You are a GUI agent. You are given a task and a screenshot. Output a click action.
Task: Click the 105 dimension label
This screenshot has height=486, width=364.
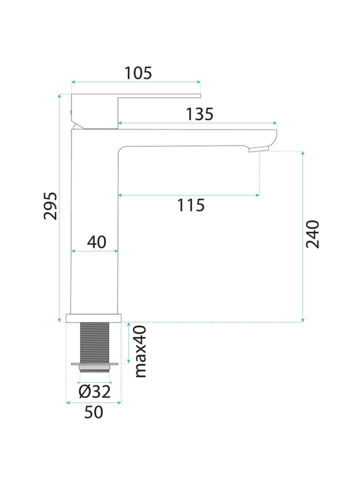[x=138, y=73]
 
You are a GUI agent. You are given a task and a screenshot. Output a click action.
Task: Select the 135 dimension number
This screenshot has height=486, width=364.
[x=200, y=114]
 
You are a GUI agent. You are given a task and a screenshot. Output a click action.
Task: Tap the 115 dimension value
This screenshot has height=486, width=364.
[x=191, y=205]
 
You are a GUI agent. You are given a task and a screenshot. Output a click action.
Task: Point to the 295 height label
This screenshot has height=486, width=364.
[x=50, y=206]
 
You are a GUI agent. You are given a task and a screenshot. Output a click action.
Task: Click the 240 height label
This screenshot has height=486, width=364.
[x=312, y=234]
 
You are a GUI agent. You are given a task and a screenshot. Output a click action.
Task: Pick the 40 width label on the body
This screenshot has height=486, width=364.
[x=97, y=242]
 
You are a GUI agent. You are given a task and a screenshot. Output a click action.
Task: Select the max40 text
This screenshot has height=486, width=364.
[x=140, y=351]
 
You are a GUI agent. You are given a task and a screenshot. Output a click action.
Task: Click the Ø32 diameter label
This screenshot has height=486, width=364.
[x=94, y=392]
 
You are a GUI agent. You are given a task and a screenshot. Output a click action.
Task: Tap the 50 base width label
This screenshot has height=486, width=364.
[x=93, y=412]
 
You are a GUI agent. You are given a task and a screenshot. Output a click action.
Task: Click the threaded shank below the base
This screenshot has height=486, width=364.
[x=95, y=342]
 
